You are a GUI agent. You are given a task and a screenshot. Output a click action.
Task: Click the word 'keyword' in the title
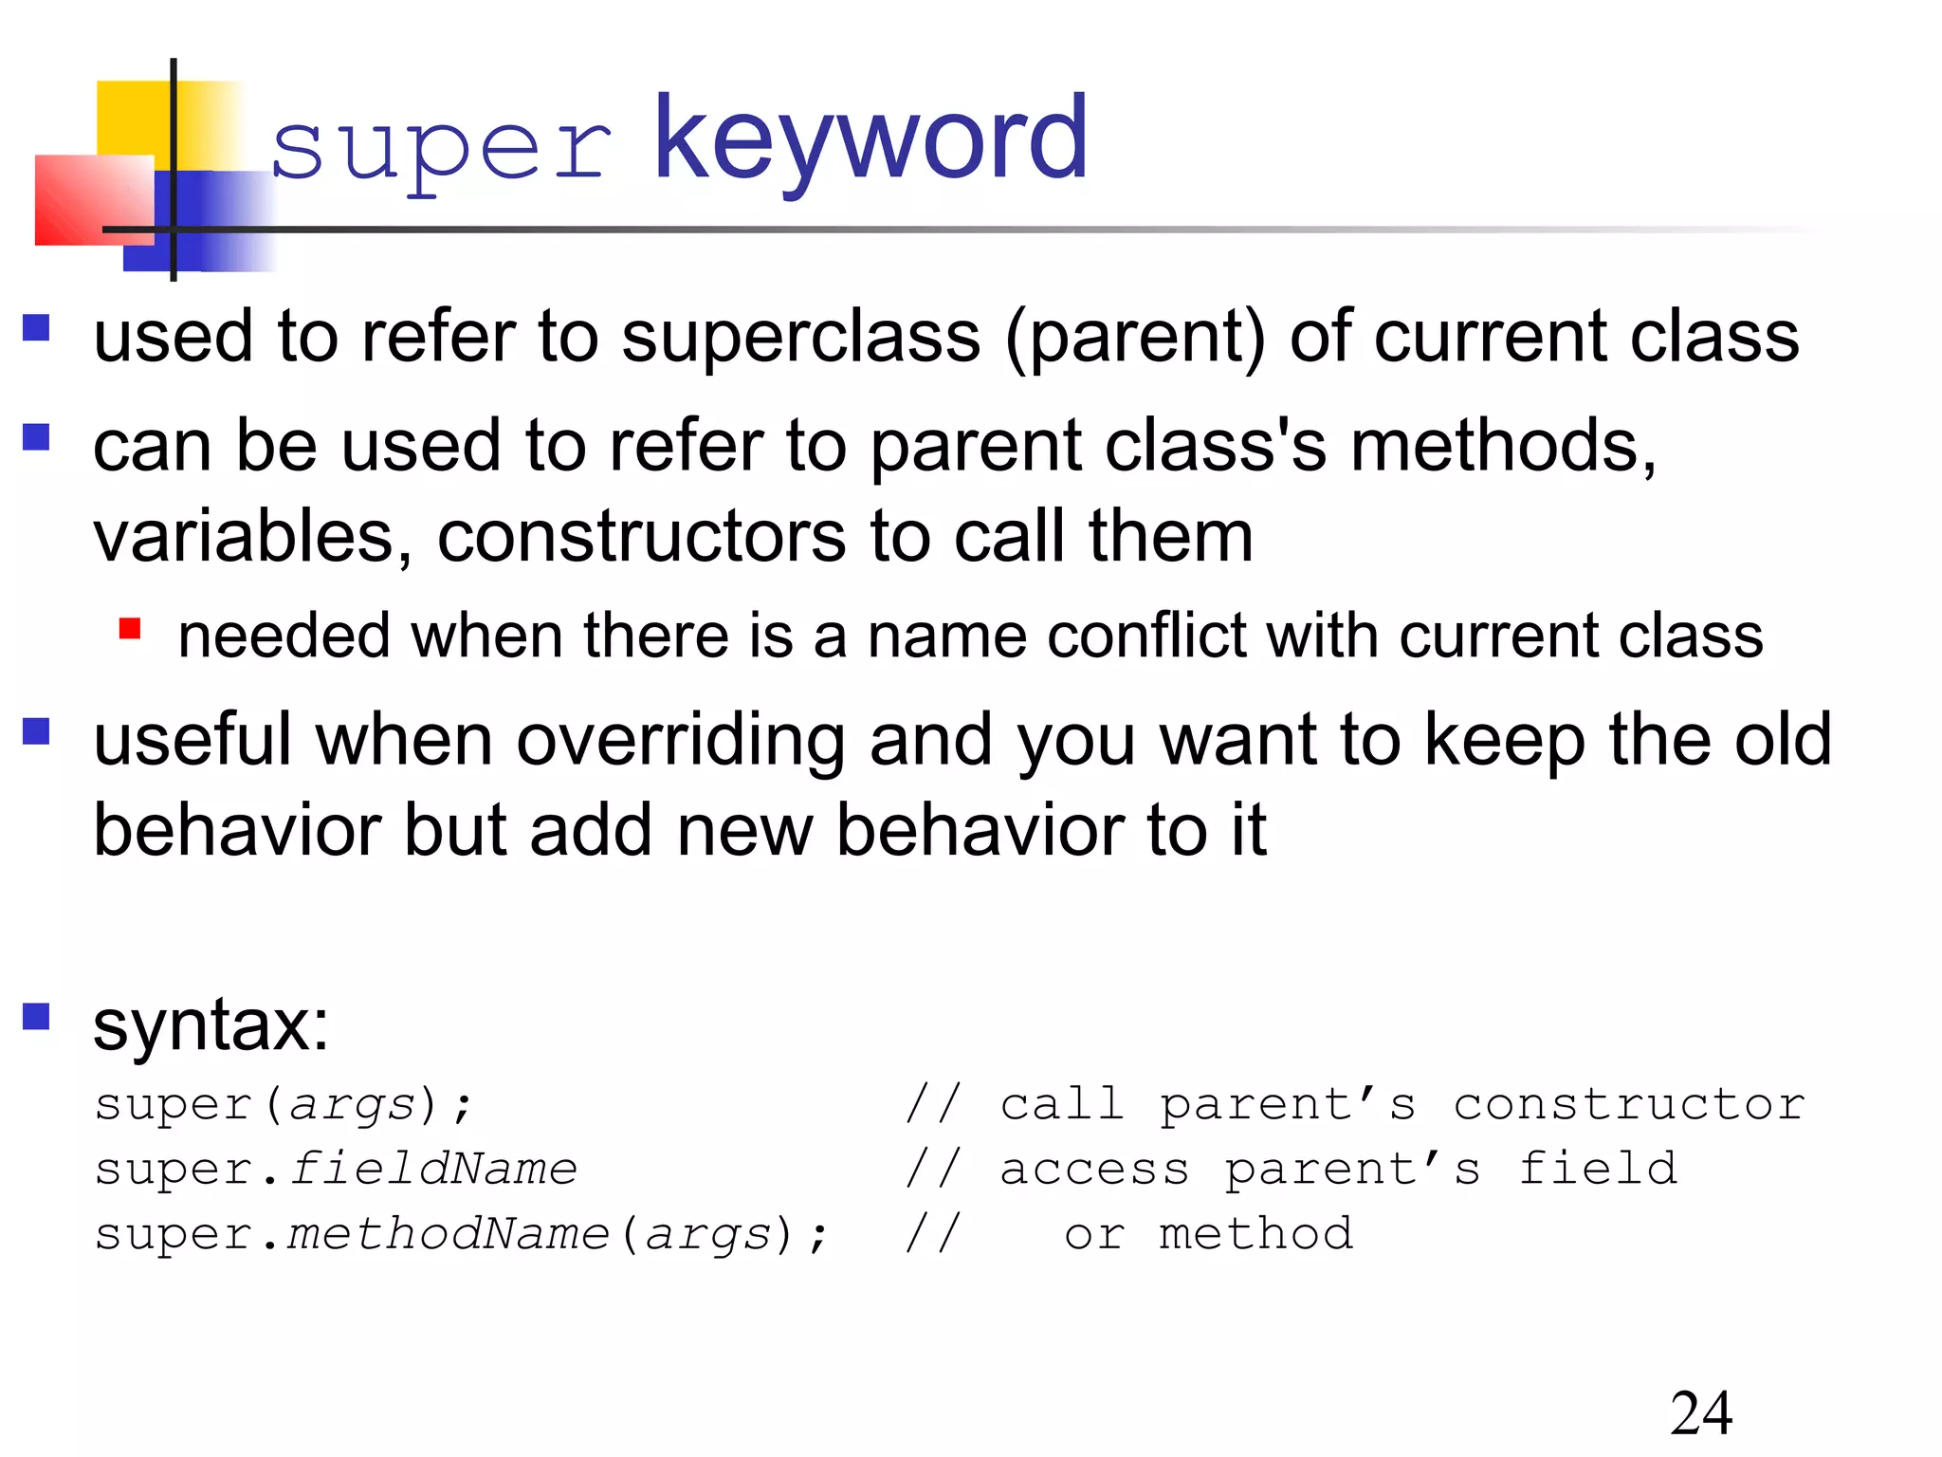(870, 140)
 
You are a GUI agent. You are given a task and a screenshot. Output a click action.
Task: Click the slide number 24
(1701, 1413)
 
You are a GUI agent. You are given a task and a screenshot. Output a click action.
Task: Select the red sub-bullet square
(130, 629)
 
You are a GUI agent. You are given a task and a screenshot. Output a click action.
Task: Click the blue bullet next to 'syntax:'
(36, 1017)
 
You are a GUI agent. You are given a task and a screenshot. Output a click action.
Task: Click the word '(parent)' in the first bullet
(1135, 339)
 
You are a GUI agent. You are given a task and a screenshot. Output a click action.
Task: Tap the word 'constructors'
(640, 537)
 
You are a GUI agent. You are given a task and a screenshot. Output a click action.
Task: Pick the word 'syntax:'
(211, 1026)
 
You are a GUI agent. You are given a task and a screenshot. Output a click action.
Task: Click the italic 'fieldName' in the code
(433, 1169)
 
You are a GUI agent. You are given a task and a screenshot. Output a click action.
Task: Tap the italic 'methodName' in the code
(449, 1234)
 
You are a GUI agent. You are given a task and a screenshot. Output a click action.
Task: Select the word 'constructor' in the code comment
(1628, 1104)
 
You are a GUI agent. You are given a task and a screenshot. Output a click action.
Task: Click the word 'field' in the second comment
(1597, 1169)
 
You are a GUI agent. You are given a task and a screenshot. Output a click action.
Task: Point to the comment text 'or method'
(1208, 1234)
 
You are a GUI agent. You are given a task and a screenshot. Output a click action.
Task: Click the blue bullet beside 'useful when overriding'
(36, 732)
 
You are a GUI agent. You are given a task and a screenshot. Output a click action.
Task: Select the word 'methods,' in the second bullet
(1503, 446)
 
